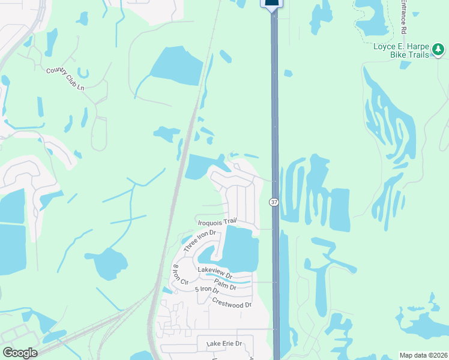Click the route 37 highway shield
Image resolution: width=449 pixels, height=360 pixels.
(274, 202)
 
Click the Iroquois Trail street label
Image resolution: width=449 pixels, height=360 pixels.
(217, 221)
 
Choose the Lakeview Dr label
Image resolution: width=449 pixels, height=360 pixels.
(223, 271)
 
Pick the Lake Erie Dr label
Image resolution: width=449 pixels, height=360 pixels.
(224, 344)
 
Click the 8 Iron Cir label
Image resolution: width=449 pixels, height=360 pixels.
(180, 275)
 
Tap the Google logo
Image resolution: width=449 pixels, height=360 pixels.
(20, 353)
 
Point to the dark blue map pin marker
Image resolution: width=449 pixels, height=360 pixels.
(271, 5)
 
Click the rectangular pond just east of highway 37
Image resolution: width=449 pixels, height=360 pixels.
(339, 209)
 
